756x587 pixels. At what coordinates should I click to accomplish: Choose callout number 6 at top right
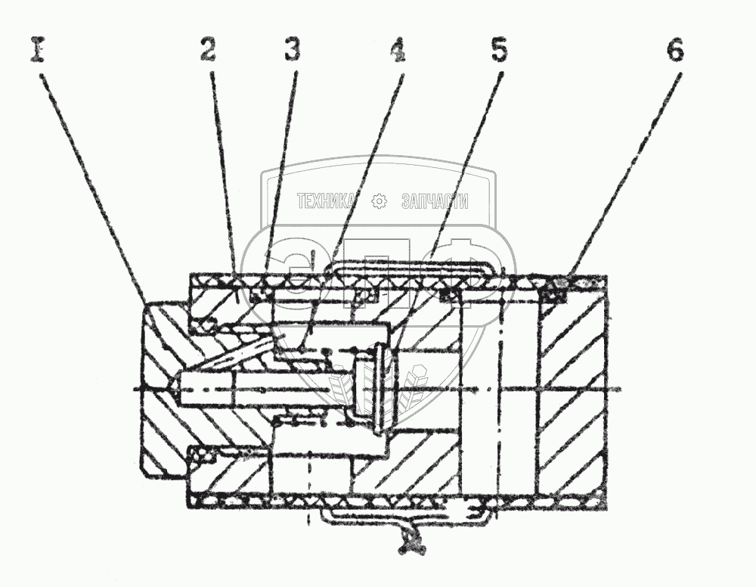coord(675,51)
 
